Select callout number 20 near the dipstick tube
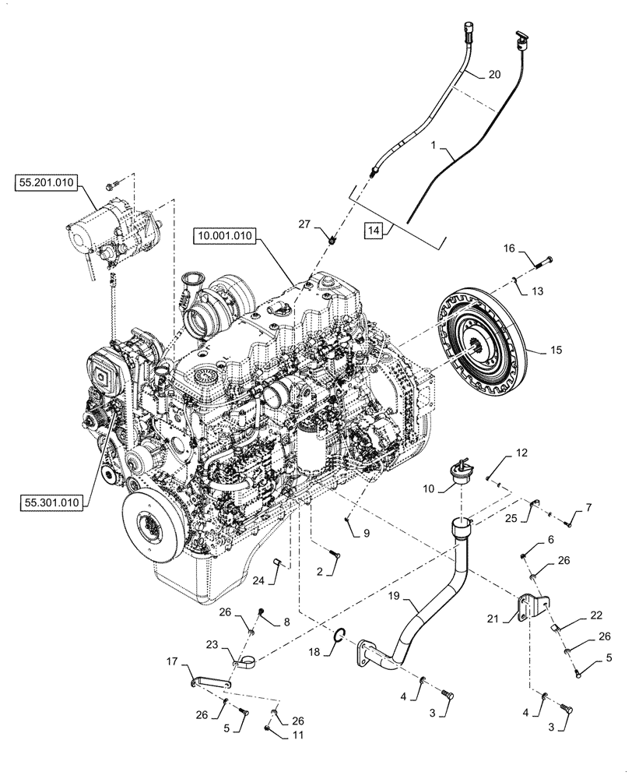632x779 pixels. coord(493,75)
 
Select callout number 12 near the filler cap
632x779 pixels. coord(521,452)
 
